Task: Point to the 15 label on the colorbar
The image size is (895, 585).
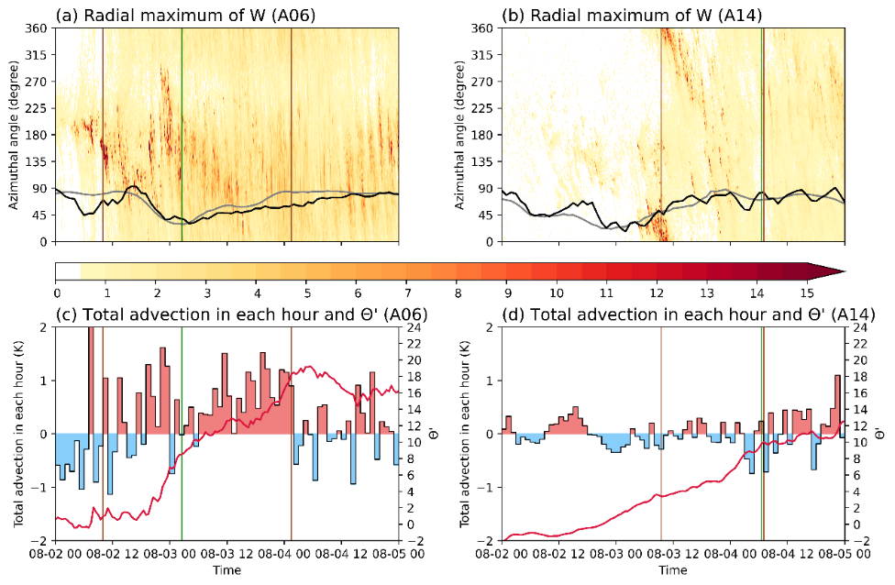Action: (806, 292)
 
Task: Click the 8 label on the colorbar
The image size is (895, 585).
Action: (456, 292)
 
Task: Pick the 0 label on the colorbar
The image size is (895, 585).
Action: (56, 292)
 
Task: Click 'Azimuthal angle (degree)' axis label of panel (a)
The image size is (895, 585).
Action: (14, 135)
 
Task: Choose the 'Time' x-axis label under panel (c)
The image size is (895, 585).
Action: (227, 570)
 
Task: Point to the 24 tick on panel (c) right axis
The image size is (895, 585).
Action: (414, 327)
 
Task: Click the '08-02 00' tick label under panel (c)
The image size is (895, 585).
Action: (56, 555)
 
